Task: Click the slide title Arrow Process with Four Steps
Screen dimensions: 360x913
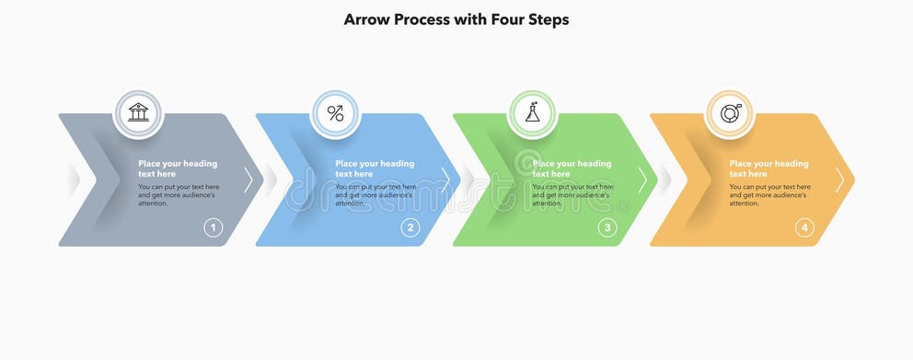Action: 456,19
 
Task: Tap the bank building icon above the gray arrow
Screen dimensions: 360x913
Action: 138,113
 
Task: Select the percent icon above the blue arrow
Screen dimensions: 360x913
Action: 336,113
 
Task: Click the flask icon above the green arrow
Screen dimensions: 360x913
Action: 533,113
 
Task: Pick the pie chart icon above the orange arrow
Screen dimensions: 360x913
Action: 730,113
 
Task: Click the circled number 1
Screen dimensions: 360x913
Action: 213,227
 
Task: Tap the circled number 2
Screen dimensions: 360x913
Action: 410,227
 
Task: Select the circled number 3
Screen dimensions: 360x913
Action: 607,227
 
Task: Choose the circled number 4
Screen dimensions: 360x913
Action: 804,227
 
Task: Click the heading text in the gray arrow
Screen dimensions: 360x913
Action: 177,168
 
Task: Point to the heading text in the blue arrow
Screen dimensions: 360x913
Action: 374,168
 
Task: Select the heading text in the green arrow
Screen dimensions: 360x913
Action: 572,168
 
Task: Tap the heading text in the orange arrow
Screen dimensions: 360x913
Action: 769,168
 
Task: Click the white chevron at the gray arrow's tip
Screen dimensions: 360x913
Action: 248,180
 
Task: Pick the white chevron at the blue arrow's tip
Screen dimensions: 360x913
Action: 445,180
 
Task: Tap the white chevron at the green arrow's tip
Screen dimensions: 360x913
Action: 642,180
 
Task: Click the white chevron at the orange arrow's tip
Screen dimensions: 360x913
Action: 839,180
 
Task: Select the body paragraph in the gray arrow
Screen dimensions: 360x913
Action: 178,194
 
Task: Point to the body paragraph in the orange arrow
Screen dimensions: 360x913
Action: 769,194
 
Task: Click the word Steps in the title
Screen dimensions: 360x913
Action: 546,19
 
